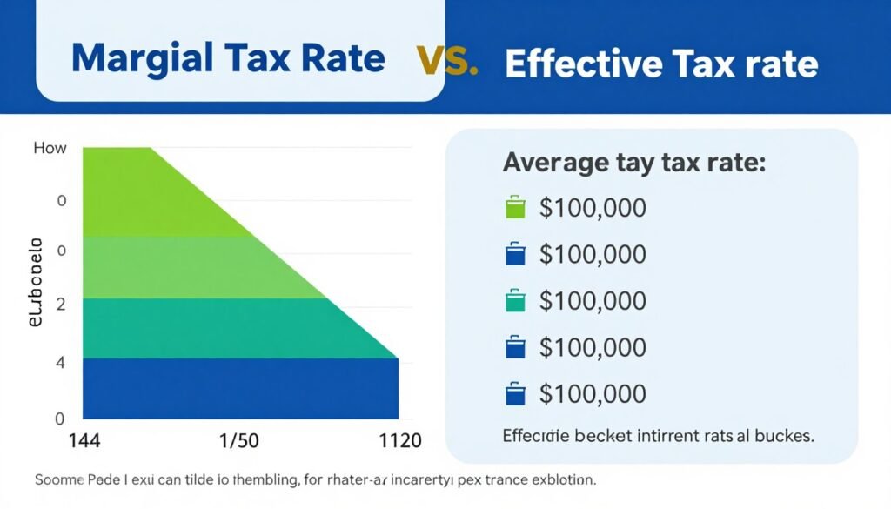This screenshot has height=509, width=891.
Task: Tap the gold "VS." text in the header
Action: tap(447, 62)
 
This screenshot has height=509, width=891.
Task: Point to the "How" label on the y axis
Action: tap(50, 148)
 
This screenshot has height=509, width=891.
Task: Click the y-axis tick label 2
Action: tap(62, 304)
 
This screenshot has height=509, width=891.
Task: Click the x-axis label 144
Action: tap(84, 440)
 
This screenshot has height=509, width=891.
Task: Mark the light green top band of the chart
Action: tap(139, 191)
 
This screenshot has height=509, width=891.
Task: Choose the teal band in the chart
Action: tap(218, 328)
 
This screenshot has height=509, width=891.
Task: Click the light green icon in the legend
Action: tap(516, 208)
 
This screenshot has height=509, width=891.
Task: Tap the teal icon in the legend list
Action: tap(516, 301)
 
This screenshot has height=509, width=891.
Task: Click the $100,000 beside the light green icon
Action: tap(593, 208)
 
